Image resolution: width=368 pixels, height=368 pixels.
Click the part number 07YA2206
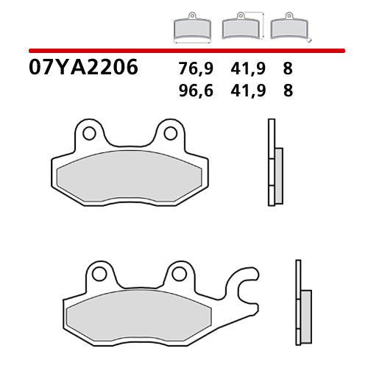[83, 67]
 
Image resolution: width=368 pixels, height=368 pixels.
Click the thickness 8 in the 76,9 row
[286, 69]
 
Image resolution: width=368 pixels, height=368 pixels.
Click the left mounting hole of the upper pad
[89, 133]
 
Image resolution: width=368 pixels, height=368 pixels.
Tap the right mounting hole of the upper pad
[169, 133]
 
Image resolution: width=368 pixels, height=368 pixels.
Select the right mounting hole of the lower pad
[178, 274]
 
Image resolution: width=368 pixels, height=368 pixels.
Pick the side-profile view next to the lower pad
[302, 302]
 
